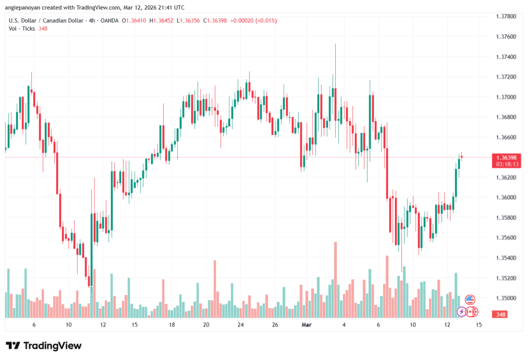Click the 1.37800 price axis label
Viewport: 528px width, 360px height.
(506, 16)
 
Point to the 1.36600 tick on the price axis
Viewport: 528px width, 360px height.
(506, 137)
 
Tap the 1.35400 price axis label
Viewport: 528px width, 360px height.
(506, 258)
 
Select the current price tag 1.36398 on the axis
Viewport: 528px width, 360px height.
(507, 158)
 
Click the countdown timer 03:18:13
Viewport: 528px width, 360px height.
(507, 165)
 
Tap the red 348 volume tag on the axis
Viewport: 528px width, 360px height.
(501, 315)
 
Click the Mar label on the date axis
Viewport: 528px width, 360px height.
(306, 324)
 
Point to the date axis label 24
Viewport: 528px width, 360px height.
(240, 324)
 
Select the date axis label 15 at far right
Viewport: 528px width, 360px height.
(478, 324)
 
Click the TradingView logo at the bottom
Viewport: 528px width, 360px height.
(44, 346)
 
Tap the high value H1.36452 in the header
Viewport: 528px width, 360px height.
(161, 21)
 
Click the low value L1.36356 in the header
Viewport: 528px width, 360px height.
(188, 21)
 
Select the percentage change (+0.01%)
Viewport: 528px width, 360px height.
(266, 21)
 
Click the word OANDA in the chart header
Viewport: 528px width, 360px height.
(109, 21)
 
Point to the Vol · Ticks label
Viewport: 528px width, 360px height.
(22, 29)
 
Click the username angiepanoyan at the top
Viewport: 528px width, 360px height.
(22, 7)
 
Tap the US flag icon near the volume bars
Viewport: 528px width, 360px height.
(470, 299)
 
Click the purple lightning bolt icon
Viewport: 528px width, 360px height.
(461, 312)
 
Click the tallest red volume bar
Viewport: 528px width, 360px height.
(335, 280)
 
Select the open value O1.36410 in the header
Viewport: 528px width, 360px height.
(134, 21)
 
